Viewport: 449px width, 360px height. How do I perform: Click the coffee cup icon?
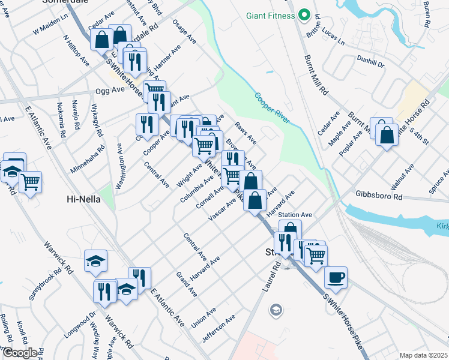336,277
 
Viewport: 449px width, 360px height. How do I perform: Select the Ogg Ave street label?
109,90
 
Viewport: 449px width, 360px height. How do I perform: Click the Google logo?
20,352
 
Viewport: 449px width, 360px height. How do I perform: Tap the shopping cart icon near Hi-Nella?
30,181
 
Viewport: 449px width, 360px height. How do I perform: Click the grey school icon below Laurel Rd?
276,310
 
